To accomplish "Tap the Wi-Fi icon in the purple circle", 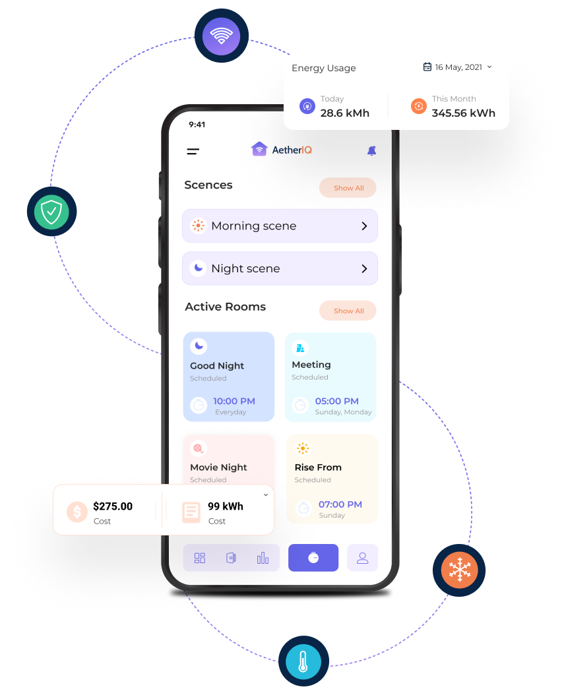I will tap(221, 36).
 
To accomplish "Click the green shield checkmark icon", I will tap(51, 212).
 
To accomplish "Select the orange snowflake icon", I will tap(458, 570).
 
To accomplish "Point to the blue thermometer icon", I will tap(303, 661).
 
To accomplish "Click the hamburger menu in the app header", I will tap(193, 152).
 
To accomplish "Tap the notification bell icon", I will tap(371, 151).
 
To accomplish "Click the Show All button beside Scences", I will tap(348, 188).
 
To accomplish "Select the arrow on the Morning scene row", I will tap(364, 226).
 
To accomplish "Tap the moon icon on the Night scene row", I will tap(198, 268).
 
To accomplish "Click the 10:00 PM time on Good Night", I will tap(234, 401).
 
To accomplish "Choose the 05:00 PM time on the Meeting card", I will tap(336, 401).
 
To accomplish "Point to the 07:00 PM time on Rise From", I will tap(340, 504).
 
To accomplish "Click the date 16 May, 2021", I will tap(458, 67).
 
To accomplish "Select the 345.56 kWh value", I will tap(463, 113).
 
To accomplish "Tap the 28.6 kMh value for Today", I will tap(344, 113).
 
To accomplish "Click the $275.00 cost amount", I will tap(113, 506).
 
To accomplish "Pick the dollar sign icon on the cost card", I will tap(77, 512).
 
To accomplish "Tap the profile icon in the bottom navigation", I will tap(362, 558).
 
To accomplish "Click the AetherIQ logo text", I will tap(292, 150).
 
